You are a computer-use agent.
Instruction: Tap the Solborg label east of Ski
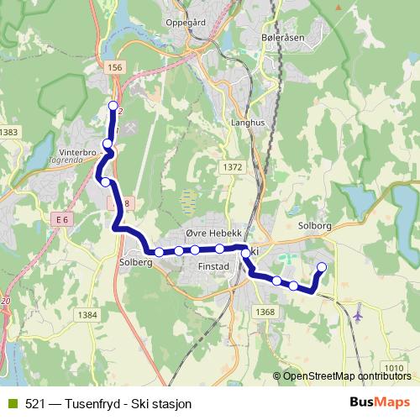coord(316,226)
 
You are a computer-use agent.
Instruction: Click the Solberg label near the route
coord(135,262)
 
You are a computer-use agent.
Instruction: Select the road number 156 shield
coord(116,68)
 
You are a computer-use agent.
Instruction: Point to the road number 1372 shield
coord(232,168)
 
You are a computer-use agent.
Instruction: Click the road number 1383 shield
coord(10,132)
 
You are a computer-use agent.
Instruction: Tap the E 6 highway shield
coord(59,219)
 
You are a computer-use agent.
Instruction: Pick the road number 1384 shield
coord(87,315)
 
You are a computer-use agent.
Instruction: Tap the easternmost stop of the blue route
coord(321,267)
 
